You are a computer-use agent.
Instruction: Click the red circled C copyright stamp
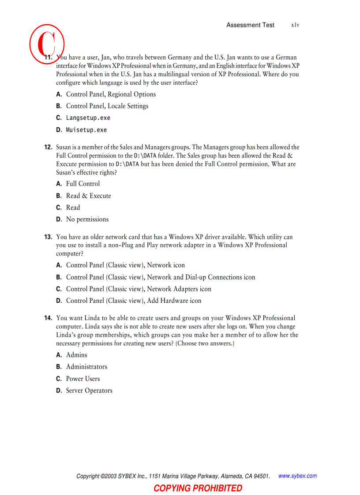[47, 42]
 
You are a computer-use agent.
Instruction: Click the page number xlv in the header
[295, 25]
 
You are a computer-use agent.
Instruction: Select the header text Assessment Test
[250, 25]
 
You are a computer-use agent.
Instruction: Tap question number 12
[48, 147]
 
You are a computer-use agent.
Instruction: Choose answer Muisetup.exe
[86, 130]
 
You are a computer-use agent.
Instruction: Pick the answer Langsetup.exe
[88, 118]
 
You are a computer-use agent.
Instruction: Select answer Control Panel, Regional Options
[111, 94]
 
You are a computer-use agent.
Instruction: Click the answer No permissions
[87, 220]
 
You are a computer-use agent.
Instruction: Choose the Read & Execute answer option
[89, 196]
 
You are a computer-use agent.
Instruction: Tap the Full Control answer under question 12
[83, 184]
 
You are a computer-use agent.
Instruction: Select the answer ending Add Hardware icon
[134, 301]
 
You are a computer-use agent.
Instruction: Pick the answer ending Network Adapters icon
[139, 289]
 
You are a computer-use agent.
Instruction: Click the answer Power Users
[83, 379]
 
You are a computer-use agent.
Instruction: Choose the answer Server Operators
[89, 391]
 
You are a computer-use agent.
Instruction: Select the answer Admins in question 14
[77, 355]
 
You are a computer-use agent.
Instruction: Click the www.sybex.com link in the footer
[297, 476]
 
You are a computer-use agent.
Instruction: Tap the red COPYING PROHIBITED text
[198, 488]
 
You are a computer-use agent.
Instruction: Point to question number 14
[48, 318]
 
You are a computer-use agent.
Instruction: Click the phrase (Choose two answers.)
[205, 343]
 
